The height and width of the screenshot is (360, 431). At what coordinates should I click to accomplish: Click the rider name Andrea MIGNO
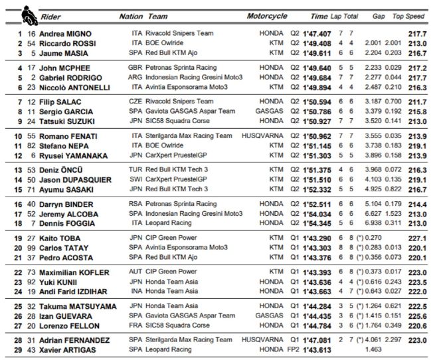click(x=65, y=33)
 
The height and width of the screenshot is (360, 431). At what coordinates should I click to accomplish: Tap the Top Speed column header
click(x=408, y=16)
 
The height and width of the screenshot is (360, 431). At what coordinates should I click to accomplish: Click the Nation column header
click(x=130, y=16)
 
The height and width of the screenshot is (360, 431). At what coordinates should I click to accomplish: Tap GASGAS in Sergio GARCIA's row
click(x=271, y=112)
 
